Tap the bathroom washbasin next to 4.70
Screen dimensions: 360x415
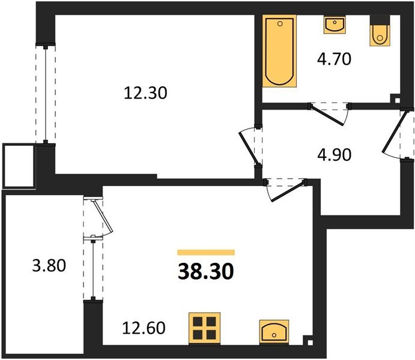click(x=333, y=25)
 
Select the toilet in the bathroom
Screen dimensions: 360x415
click(x=380, y=33)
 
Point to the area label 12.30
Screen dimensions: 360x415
click(x=145, y=93)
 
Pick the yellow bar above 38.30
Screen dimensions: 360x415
click(x=206, y=253)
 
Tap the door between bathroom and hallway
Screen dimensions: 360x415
click(x=329, y=113)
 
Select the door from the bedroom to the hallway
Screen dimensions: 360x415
click(x=249, y=146)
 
